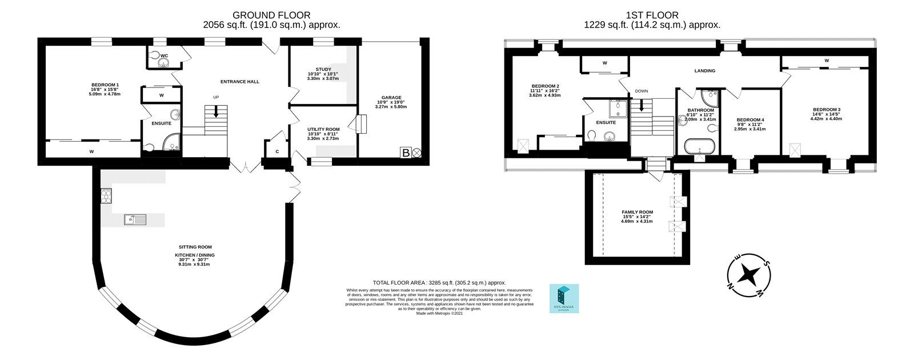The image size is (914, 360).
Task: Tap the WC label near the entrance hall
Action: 164,55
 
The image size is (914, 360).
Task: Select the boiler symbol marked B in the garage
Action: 406,153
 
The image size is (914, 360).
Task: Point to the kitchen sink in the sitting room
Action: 135,219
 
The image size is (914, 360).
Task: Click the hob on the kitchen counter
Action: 107,196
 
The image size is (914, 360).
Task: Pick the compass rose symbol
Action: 748,275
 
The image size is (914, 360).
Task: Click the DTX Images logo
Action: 563,298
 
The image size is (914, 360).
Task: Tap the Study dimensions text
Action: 323,76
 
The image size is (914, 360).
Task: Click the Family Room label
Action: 637,212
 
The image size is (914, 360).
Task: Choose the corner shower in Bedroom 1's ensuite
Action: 170,142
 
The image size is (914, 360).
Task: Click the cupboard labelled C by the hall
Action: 276,151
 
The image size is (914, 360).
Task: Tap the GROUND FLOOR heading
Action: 271,15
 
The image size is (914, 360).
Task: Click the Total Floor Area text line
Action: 439,282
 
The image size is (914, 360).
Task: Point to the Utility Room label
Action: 323,130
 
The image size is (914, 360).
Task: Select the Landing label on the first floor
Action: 704,71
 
